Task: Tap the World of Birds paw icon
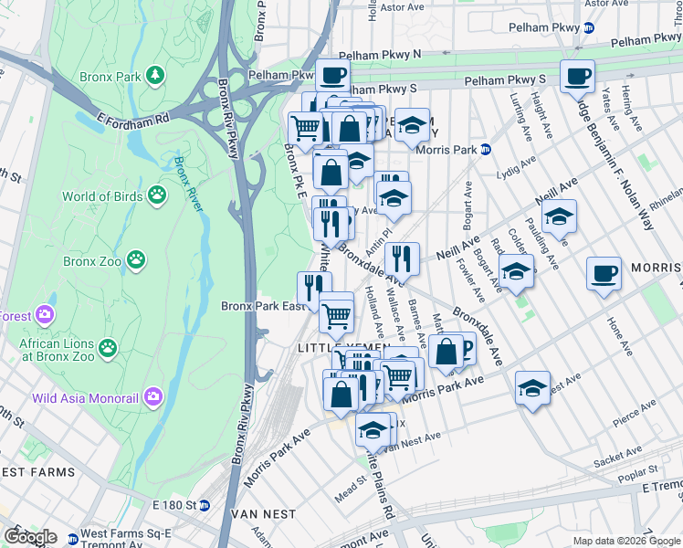(158, 195)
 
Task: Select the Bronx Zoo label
(92, 261)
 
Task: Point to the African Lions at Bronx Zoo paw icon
(109, 347)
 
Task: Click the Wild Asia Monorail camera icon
(152, 397)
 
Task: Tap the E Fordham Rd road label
(134, 119)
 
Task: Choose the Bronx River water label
(188, 184)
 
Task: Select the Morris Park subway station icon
(487, 149)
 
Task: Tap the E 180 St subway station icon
(205, 505)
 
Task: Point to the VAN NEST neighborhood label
(266, 514)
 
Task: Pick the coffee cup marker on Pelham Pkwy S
(577, 77)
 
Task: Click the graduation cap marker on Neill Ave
(559, 216)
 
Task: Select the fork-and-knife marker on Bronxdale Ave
(402, 258)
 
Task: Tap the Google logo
(30, 537)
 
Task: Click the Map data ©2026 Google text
(626, 541)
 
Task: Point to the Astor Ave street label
(402, 7)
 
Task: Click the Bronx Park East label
(263, 306)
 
